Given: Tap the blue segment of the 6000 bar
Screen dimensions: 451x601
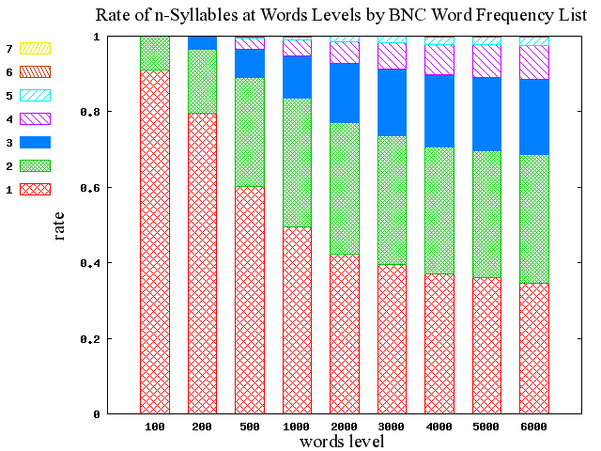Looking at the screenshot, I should point(534,117).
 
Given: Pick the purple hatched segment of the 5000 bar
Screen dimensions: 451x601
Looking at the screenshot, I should point(486,61).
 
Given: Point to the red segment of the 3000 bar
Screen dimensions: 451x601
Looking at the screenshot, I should point(392,338).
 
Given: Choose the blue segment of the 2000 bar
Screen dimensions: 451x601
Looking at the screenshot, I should point(345,93).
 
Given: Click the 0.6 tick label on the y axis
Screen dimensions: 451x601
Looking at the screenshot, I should point(92,188).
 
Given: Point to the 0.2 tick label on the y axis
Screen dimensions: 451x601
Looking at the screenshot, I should point(92,338).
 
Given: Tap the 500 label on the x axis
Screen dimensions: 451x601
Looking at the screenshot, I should point(250,428).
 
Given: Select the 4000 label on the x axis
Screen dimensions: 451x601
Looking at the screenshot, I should point(439,428).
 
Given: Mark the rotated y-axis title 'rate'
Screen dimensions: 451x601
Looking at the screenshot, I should point(59,225).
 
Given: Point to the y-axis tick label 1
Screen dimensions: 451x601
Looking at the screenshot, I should point(98,37).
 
